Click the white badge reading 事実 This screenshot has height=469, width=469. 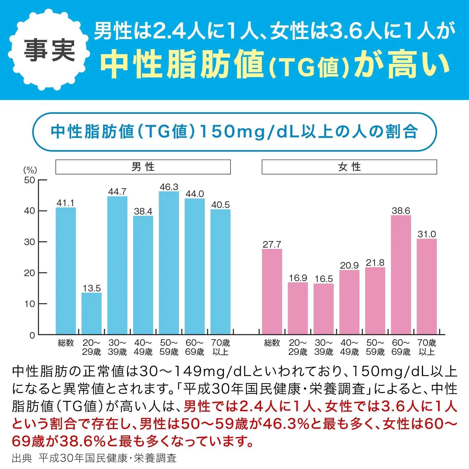[49, 50]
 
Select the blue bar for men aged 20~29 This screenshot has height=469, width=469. [92, 313]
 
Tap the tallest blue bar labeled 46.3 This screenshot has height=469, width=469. [169, 263]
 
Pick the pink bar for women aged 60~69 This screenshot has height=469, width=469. [401, 275]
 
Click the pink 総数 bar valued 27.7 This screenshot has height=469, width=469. [272, 291]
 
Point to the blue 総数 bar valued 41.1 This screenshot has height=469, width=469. [66, 271]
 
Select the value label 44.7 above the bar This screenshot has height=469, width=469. [117, 192]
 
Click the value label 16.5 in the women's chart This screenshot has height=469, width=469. [324, 279]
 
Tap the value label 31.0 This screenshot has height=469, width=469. [426, 234]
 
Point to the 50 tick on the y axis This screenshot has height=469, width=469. [30, 180]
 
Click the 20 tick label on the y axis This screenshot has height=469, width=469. [30, 273]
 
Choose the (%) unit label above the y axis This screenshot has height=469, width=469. [30, 170]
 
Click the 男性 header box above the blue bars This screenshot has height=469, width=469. [143, 167]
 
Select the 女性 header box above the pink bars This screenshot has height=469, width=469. [349, 167]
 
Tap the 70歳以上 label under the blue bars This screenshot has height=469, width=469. [220, 347]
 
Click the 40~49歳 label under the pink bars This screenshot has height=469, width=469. [349, 347]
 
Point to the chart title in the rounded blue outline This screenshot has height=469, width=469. [234, 132]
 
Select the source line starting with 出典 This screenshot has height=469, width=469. [94, 458]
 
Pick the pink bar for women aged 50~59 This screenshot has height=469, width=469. [375, 300]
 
